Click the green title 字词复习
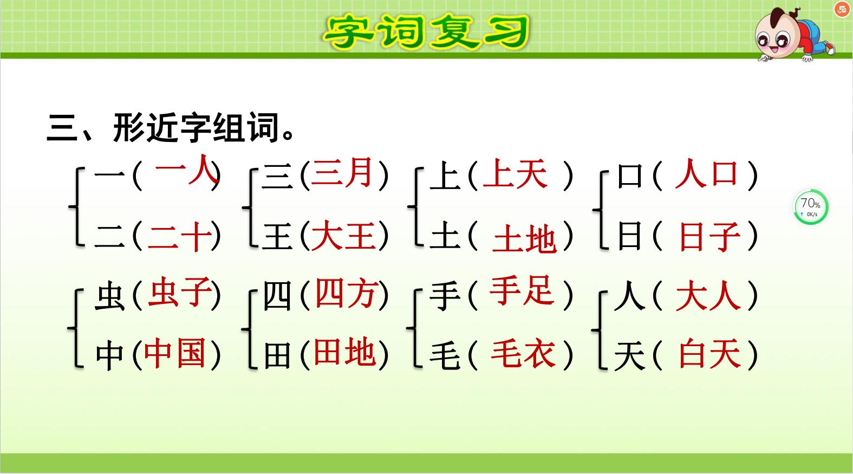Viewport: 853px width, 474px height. click(426, 31)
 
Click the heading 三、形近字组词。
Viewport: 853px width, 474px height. click(171, 128)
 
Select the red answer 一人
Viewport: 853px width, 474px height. click(186, 170)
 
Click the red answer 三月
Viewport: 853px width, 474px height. click(342, 173)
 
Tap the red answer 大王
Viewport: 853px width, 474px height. click(343, 237)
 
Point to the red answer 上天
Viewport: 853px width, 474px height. click(515, 174)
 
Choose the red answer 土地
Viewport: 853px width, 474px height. click(524, 239)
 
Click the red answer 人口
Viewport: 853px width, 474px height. click(707, 174)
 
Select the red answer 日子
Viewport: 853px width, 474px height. click(709, 237)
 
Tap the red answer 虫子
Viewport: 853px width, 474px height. click(179, 293)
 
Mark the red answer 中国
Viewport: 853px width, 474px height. click(175, 354)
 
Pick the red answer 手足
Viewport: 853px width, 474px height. click(522, 291)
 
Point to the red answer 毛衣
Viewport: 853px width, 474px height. click(523, 354)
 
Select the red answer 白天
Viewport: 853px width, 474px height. click(709, 354)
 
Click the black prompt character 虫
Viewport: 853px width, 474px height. click(110, 297)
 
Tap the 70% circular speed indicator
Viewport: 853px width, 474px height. click(810, 207)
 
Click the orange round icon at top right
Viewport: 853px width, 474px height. click(842, 9)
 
